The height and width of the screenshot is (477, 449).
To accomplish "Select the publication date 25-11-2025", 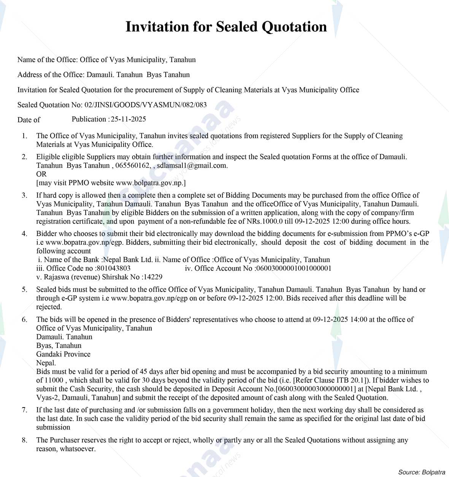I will (x=129, y=119).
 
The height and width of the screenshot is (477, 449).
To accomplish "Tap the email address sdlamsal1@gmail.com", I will (x=192, y=165).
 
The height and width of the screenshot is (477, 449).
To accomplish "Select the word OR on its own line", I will (x=41, y=174).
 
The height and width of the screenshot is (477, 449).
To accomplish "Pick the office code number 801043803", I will (x=113, y=268).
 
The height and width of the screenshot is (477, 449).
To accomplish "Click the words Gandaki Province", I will (x=63, y=354).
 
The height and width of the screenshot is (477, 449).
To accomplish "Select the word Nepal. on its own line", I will (x=46, y=363).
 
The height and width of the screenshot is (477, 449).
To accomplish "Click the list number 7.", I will (x=24, y=410).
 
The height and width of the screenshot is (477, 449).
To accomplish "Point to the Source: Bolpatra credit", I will (x=422, y=472).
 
